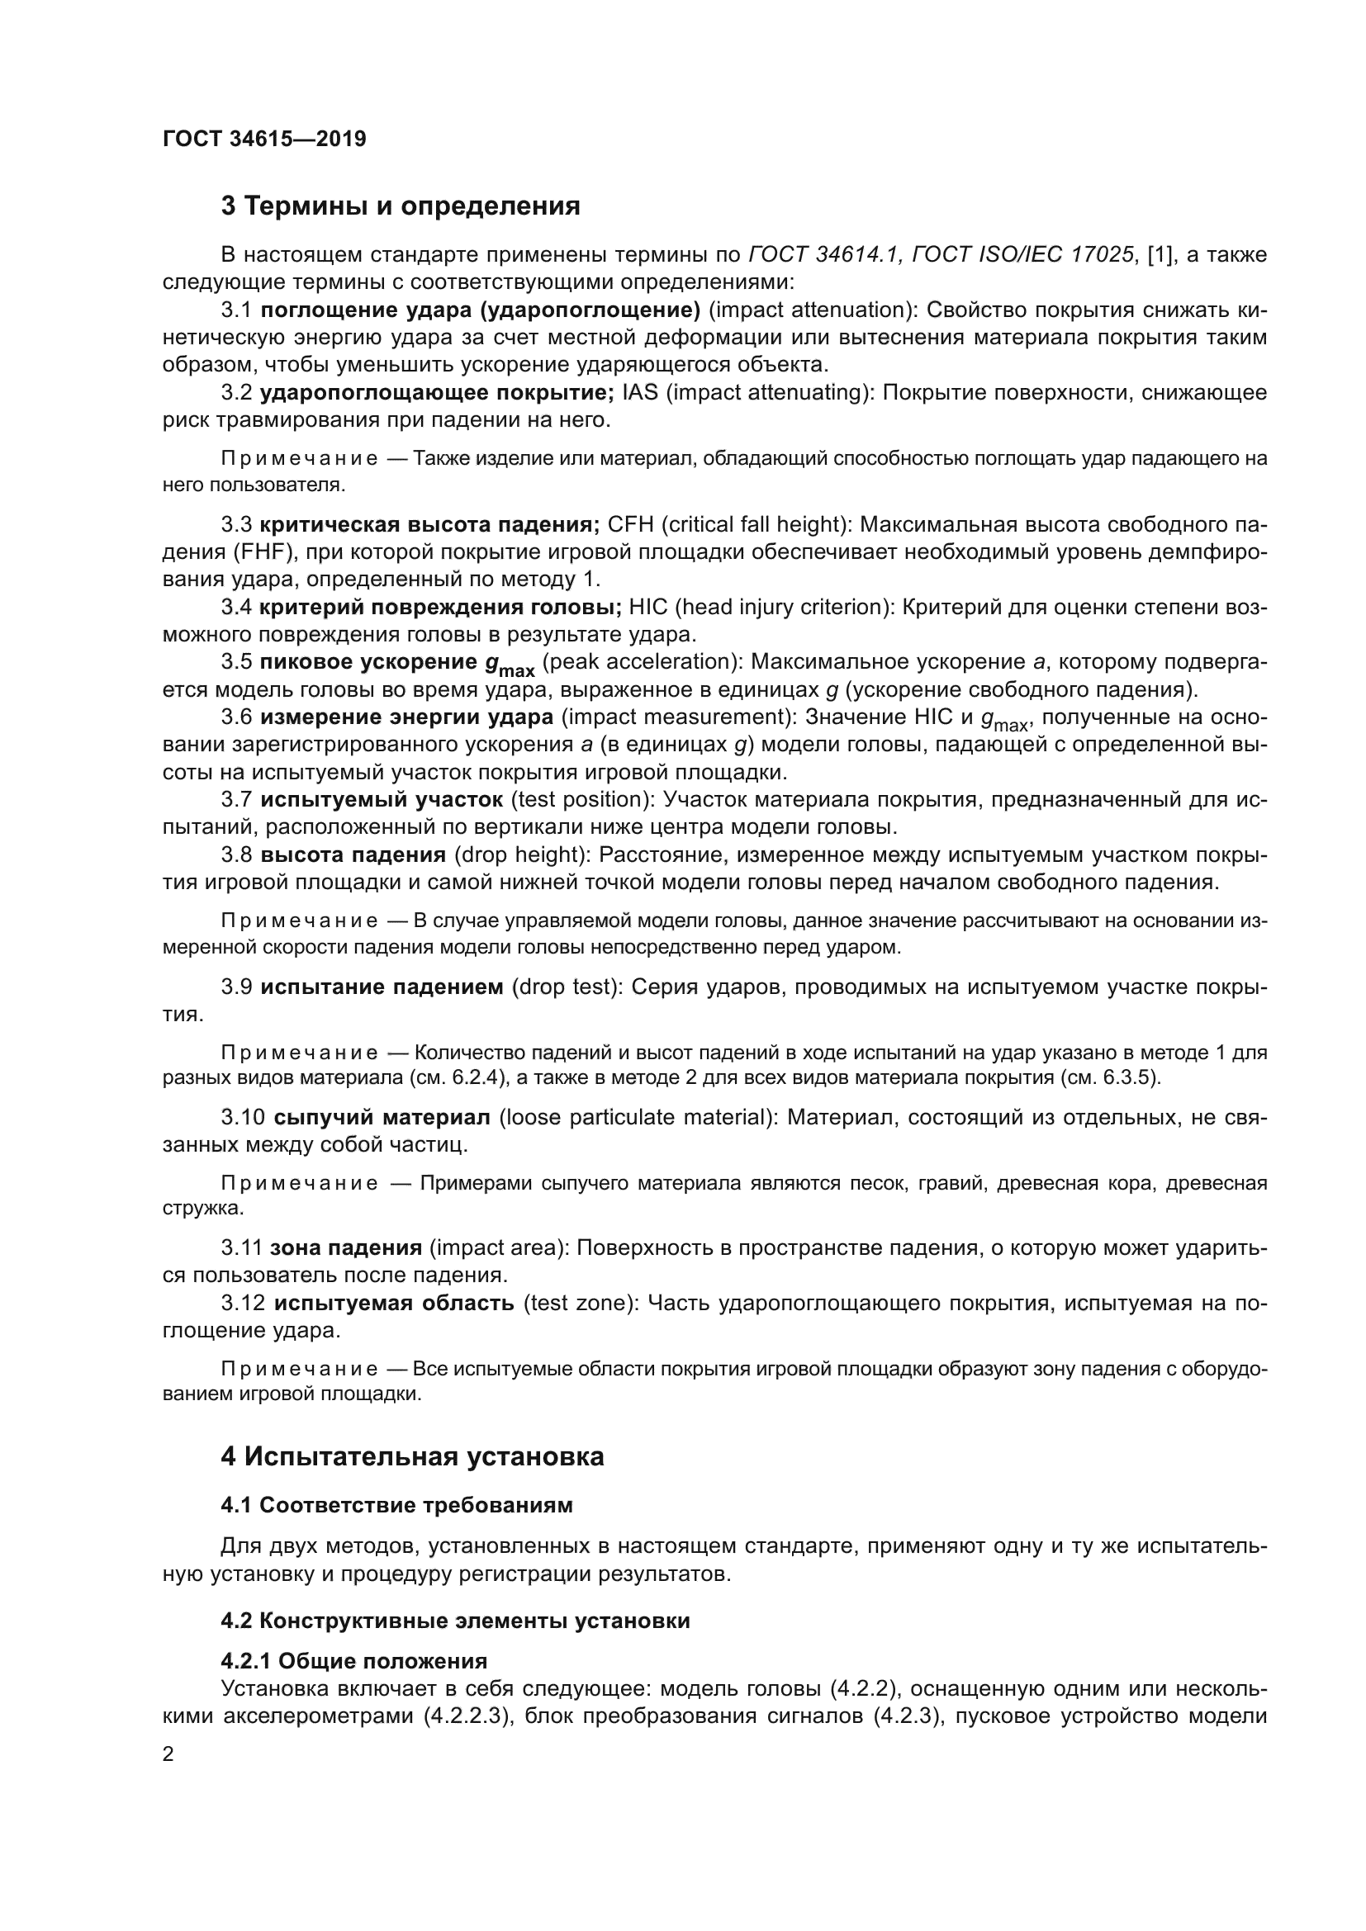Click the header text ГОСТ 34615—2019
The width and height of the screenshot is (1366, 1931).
264,139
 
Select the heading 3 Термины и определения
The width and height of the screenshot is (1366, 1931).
401,206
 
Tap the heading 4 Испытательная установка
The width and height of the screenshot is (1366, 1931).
412,1456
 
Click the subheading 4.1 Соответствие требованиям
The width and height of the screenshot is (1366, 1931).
396,1506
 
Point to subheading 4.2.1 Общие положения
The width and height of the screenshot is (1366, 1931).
354,1661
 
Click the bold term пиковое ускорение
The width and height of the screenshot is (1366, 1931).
368,662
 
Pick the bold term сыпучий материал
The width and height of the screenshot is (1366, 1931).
382,1118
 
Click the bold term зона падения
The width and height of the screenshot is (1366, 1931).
346,1248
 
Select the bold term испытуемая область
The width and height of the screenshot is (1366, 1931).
394,1304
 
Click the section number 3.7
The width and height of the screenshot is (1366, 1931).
236,799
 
